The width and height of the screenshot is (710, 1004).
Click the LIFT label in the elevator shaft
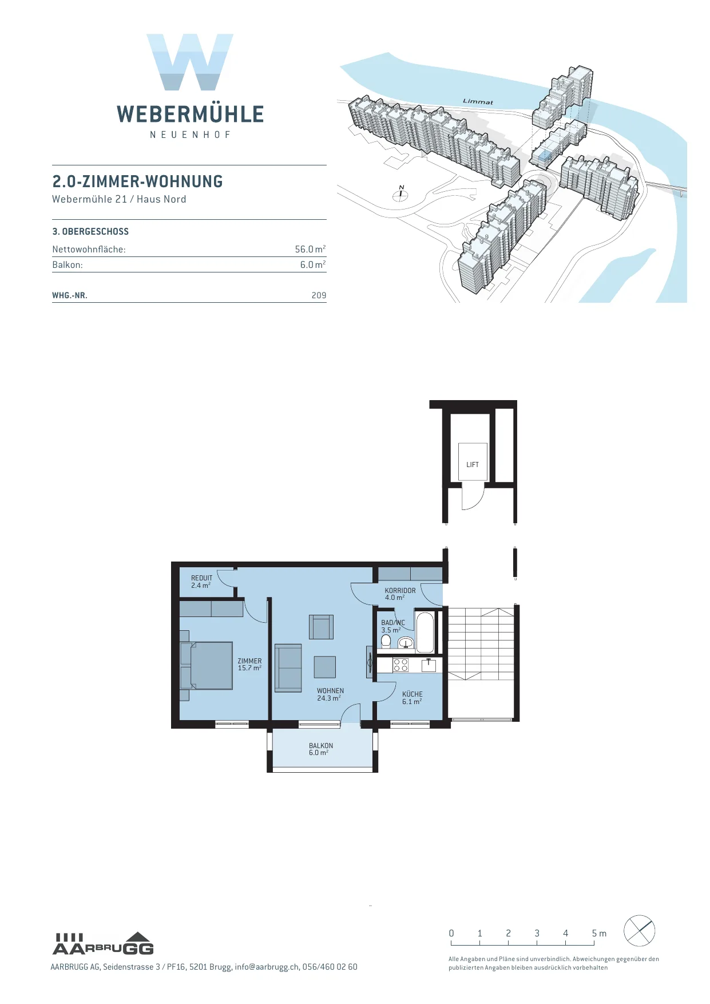point(473,465)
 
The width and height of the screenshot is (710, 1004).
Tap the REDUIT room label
point(201,578)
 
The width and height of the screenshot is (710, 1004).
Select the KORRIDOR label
point(400,591)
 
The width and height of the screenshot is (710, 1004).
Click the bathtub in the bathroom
point(425,633)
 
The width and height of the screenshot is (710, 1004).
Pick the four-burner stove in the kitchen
point(400,665)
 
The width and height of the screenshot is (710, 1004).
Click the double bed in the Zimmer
point(207,666)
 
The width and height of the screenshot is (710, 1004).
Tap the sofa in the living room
point(288,668)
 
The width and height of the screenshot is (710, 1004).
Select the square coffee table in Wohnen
point(325,667)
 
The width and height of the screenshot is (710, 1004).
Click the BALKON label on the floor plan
point(321,746)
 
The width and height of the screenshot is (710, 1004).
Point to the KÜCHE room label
point(412,694)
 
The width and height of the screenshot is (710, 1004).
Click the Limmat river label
point(478,102)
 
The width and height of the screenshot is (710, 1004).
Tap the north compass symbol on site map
point(400,193)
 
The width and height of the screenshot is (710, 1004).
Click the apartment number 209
point(319,295)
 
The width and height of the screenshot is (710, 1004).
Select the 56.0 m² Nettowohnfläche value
point(310,249)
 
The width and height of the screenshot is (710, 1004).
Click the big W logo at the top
point(190,62)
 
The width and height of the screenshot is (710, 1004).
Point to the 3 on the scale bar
point(537,933)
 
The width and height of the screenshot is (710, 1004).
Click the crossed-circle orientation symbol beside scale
point(639,931)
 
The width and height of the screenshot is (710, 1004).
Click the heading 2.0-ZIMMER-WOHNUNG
point(138,181)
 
